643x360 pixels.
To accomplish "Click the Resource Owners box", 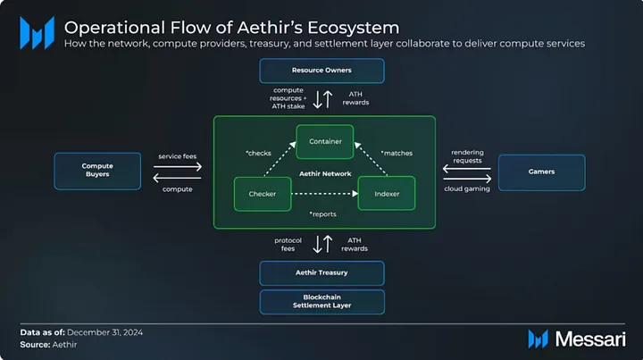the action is (321, 71).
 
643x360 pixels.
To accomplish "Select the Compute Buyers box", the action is (97, 171).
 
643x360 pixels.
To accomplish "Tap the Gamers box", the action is (542, 172).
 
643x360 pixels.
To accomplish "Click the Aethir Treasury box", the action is (321, 273).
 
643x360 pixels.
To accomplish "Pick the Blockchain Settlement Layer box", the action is (321, 302).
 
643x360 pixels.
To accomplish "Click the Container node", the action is (325, 142).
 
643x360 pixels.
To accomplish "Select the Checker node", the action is (263, 194).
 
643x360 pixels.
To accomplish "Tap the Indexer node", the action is (387, 194).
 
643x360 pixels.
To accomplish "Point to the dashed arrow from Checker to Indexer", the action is (325, 194).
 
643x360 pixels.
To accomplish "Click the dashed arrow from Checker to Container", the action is (280, 159).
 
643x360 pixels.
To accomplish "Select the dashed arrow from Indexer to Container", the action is (371, 159).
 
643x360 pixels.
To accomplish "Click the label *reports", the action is (322, 214).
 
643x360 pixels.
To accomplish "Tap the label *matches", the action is (397, 154).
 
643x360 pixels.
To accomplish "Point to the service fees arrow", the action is (178, 167).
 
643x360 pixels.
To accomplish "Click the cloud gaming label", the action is (467, 189).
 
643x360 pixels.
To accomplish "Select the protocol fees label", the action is (288, 245).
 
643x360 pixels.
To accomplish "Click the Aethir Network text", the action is (325, 174).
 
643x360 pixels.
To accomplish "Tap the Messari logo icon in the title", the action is (37, 33).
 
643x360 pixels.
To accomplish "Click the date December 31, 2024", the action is (105, 332).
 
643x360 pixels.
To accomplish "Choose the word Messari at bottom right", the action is (590, 339).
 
